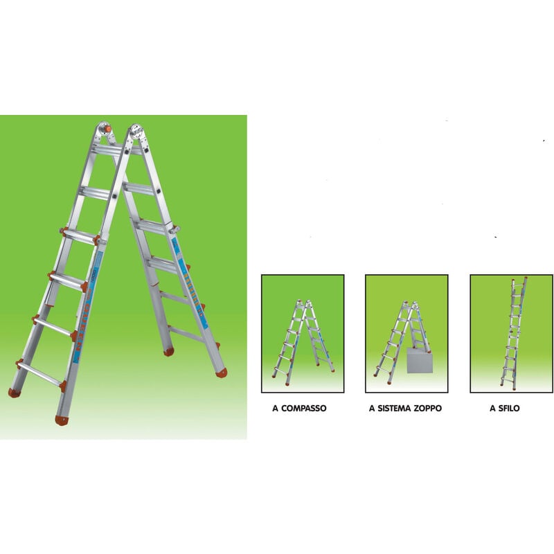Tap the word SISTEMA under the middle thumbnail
point(396,409)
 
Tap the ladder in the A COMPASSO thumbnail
point(303,339)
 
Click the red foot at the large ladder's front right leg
point(62,420)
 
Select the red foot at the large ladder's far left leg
point(13,393)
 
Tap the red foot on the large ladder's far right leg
point(221,373)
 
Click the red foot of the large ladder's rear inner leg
point(168,352)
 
